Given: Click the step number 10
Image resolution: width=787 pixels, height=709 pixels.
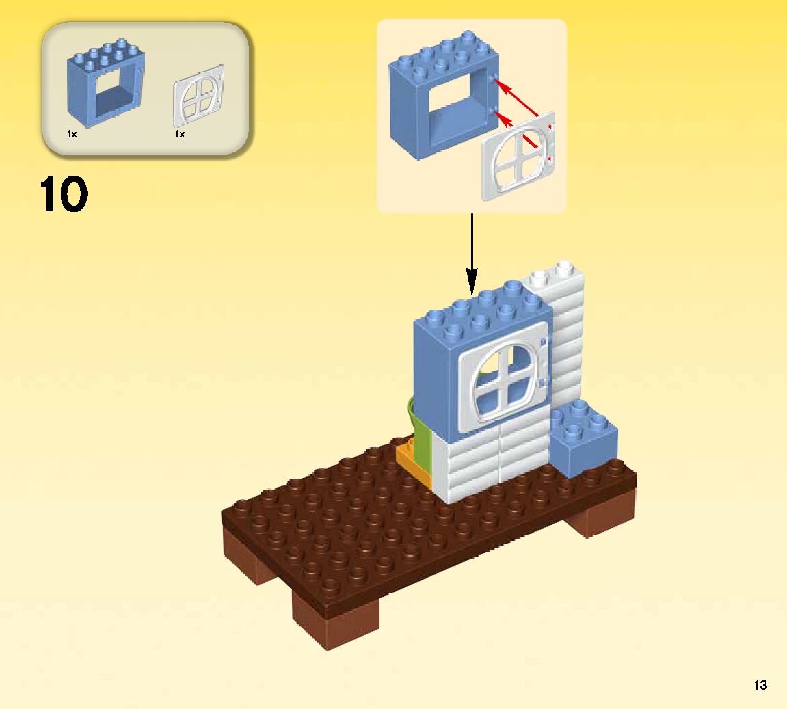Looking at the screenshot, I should coord(64,194).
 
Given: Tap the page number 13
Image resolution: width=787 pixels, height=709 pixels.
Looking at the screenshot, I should coord(760,685).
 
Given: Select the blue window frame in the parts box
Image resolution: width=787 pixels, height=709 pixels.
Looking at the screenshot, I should coord(105,85).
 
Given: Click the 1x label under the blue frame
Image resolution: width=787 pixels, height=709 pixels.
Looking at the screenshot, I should coord(72,135).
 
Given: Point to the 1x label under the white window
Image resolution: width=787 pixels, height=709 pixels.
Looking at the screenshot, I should coord(180,135).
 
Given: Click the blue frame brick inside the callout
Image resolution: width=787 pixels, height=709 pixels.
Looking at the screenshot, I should coord(441,96).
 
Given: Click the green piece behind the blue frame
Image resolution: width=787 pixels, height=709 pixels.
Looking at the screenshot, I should coord(418,424).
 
